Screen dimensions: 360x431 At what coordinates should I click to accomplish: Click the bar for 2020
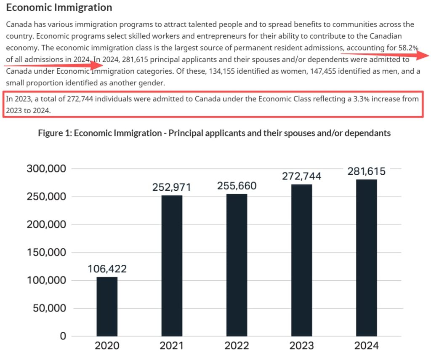[x=107, y=306]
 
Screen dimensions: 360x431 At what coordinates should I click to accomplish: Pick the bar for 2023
[x=301, y=260]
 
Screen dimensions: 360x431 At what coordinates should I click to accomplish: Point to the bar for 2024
[x=366, y=258]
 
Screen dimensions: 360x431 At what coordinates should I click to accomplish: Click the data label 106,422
[x=107, y=269]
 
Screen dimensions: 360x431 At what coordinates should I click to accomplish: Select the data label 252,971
[x=172, y=187]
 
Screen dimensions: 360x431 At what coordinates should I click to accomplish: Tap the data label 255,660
[x=237, y=186]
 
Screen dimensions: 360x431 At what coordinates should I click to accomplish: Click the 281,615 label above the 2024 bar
[x=366, y=171]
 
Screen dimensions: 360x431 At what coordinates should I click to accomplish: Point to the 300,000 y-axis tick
[x=46, y=169]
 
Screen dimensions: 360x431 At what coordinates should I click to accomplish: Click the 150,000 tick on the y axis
[x=46, y=253]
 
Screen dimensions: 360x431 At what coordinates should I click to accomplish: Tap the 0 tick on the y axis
[x=63, y=336]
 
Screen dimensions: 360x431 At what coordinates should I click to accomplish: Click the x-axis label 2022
[x=237, y=346]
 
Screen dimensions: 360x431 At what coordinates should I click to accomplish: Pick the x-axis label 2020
[x=107, y=346]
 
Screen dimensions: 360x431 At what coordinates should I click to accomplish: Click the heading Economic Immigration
[x=59, y=8]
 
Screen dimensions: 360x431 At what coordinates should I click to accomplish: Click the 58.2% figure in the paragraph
[x=408, y=48]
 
